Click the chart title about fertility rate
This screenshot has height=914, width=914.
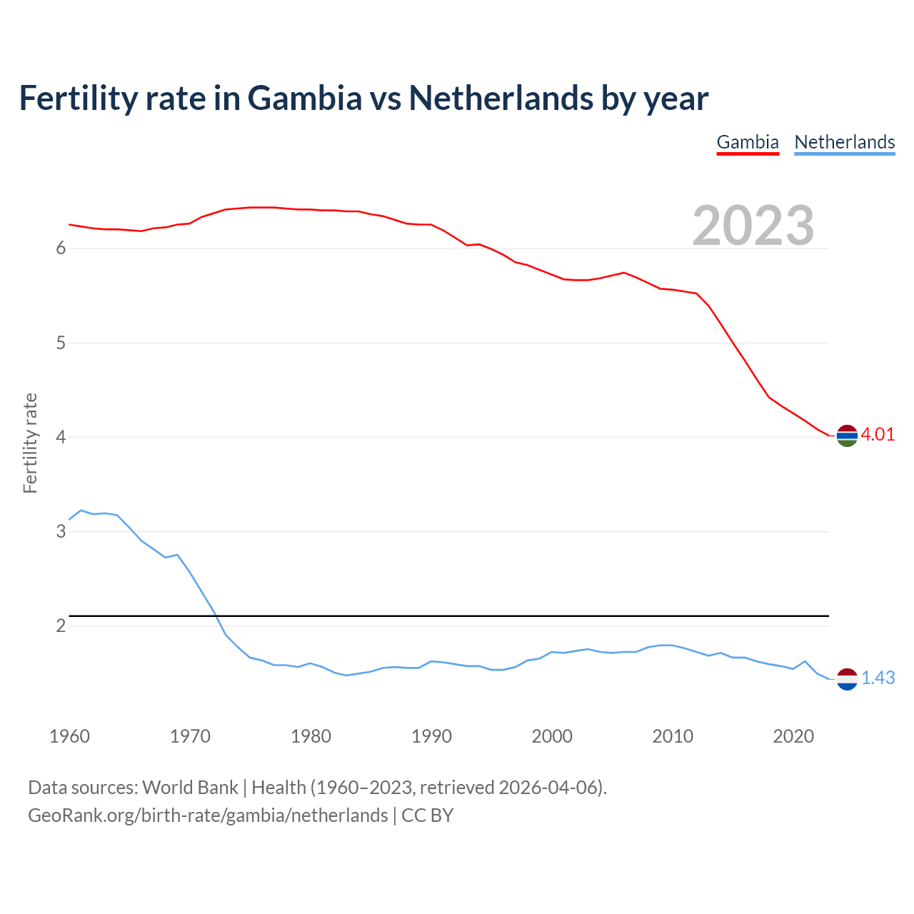363,99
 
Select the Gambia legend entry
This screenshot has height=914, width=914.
747,142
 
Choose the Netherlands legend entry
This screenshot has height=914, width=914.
844,142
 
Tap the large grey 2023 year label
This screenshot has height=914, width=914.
753,226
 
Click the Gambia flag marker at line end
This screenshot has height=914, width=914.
847,435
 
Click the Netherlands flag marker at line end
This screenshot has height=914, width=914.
847,679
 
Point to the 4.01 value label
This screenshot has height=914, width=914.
878,435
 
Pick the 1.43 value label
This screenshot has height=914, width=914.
878,678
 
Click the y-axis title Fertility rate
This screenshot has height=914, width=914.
30,443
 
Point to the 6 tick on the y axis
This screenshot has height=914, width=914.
61,248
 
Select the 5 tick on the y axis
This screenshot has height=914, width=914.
61,343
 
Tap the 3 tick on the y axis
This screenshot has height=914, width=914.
61,532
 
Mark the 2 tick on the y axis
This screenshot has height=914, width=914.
61,626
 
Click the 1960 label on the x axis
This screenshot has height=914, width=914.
69,736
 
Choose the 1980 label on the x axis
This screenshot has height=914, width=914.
311,736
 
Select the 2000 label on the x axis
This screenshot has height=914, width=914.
552,736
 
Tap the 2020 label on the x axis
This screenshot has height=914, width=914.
793,736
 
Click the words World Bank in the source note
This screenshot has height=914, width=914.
190,788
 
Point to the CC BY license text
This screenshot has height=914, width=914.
427,815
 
